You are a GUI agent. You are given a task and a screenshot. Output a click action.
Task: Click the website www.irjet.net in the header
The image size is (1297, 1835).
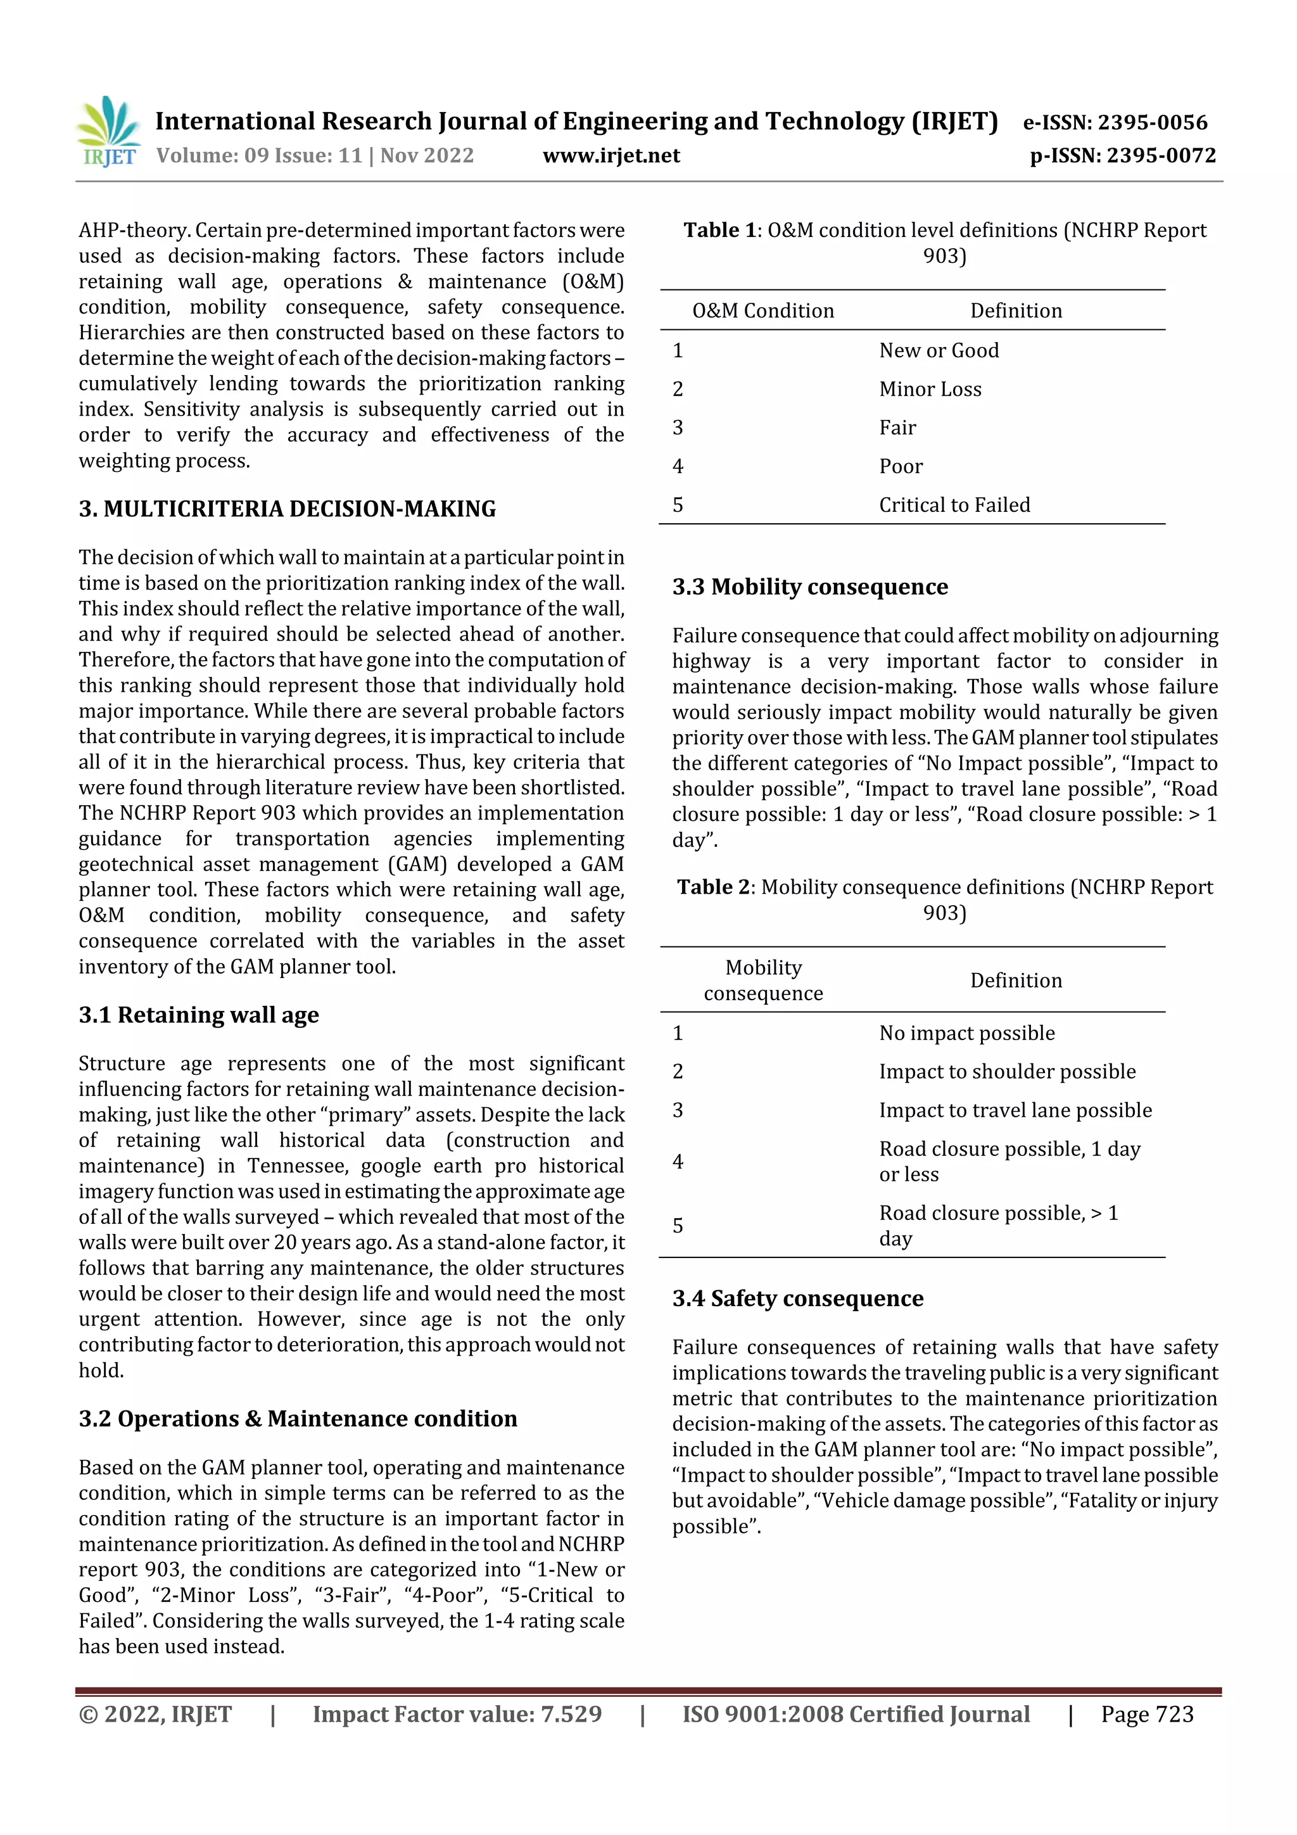[611, 156]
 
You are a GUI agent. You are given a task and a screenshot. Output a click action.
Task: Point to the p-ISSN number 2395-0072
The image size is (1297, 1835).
[1160, 156]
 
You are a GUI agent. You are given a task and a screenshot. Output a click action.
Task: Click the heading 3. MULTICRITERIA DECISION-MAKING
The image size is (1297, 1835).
[287, 509]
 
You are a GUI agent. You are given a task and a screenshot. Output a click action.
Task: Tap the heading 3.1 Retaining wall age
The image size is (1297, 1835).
[198, 1015]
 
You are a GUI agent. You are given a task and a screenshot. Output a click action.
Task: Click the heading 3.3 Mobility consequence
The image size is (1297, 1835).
[809, 587]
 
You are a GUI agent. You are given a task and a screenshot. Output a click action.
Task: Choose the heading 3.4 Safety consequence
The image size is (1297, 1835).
[797, 1298]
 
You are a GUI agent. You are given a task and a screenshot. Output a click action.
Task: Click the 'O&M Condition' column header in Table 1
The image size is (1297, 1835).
[762, 311]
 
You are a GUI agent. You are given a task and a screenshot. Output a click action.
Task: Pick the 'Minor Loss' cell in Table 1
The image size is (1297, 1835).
[930, 389]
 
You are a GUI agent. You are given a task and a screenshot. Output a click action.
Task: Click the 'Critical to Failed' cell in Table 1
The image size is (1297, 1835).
[954, 505]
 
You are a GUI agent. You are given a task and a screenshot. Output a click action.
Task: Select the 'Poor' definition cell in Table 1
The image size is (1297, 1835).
[901, 467]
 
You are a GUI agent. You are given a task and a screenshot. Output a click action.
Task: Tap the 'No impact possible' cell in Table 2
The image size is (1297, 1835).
[966, 1033]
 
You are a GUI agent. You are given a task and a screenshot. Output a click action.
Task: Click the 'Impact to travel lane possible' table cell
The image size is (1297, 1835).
[1015, 1110]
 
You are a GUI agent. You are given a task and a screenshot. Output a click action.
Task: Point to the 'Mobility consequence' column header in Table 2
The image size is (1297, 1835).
[762, 981]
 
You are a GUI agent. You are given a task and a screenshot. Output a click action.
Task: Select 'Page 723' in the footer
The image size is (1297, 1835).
[1147, 1714]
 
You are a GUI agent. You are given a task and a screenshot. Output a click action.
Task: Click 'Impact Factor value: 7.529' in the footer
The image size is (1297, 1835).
[457, 1714]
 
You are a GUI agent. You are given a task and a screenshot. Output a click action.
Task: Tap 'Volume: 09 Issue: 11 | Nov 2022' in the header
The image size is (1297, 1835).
[315, 156]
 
